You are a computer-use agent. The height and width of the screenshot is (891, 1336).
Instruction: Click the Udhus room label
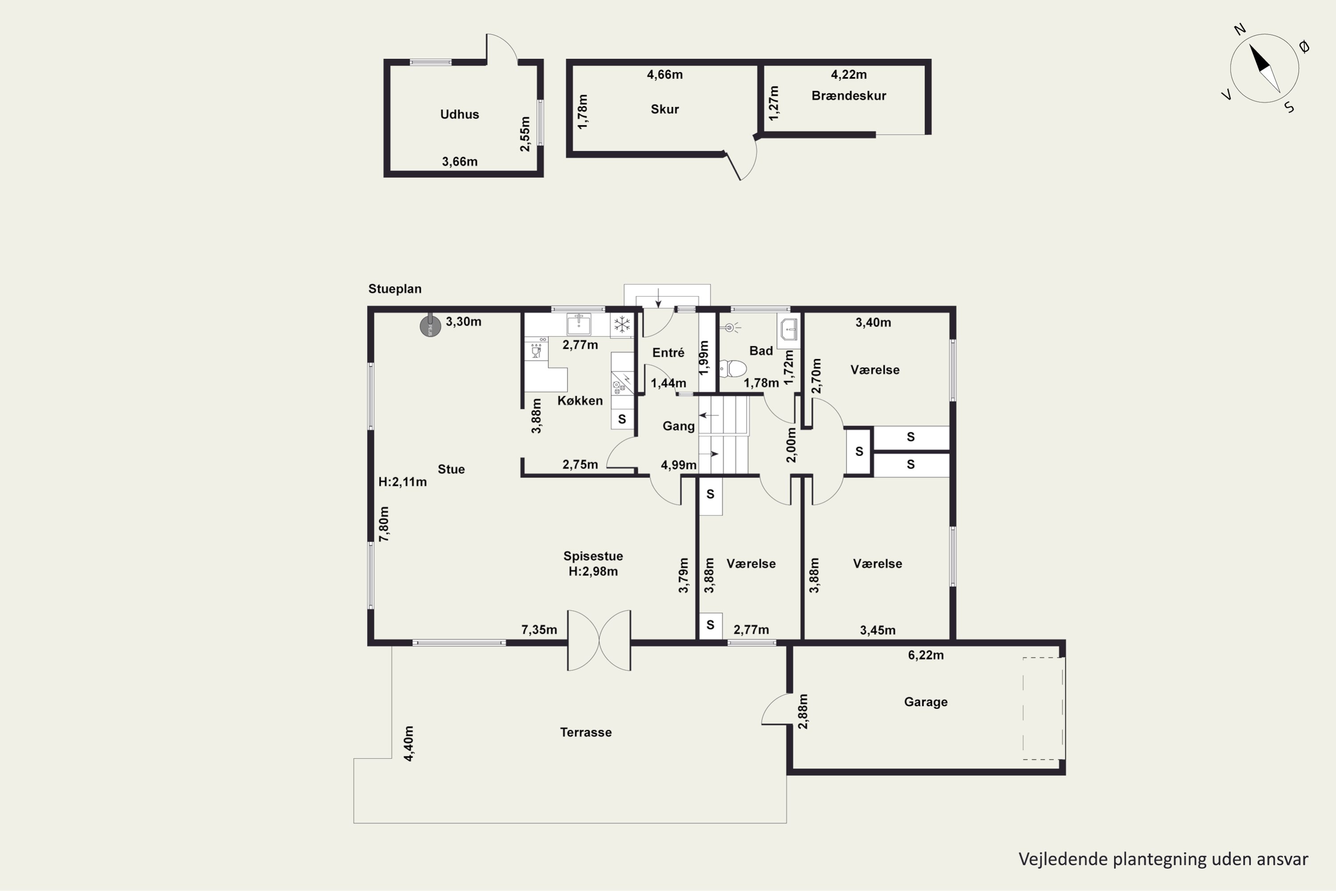tap(460, 114)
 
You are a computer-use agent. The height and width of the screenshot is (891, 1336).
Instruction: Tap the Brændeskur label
tap(849, 95)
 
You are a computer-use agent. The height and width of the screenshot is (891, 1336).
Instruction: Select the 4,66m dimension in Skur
tap(664, 74)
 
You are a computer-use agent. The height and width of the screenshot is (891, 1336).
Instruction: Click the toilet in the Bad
tap(733, 368)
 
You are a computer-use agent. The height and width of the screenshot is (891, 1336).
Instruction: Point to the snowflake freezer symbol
tap(622, 325)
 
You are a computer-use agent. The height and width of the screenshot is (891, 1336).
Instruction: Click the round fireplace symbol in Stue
tap(430, 326)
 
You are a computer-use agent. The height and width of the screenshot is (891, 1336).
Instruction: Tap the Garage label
tap(926, 702)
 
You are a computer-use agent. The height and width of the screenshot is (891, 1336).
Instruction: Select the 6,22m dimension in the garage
tap(926, 655)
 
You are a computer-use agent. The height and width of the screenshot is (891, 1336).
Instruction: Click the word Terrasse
tap(586, 732)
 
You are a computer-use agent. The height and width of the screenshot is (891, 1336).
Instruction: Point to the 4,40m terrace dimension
tap(408, 743)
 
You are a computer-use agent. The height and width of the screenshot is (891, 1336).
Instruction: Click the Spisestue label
tap(593, 556)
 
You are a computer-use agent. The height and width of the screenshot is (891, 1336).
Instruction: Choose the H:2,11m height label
tap(402, 482)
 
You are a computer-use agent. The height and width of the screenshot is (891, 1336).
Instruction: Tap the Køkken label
tap(580, 401)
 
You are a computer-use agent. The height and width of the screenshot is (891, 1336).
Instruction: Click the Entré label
tap(668, 353)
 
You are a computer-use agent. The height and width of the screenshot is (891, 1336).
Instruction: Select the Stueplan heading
tap(395, 289)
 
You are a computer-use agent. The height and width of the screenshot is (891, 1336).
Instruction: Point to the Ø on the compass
tap(1304, 47)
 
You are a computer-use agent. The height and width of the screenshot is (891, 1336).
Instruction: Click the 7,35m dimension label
tap(539, 629)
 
